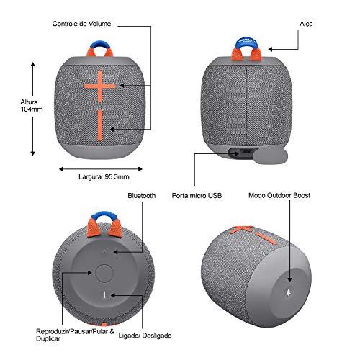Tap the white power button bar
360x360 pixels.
(x=104, y=294)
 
